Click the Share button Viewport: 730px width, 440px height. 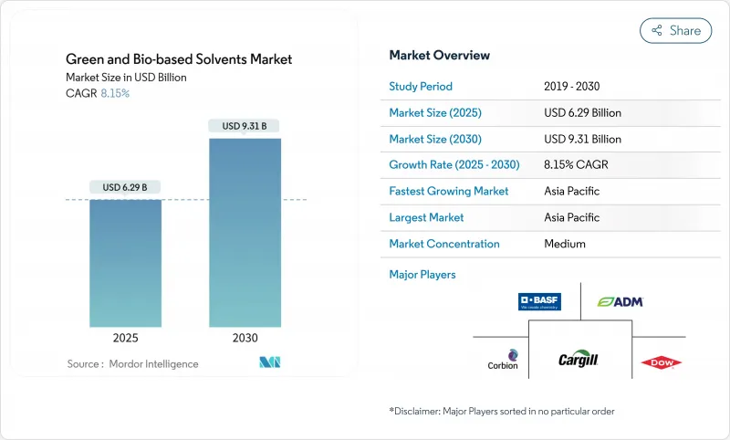[x=675, y=30]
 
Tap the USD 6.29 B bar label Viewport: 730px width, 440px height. [x=125, y=187]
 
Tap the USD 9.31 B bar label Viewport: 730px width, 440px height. [x=245, y=126]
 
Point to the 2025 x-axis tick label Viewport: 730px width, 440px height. [x=125, y=337]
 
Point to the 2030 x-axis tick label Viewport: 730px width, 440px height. [x=245, y=337]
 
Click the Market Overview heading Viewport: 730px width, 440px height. [x=439, y=55]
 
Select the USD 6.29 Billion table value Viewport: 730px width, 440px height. [x=582, y=113]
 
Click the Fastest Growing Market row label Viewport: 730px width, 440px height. [x=449, y=192]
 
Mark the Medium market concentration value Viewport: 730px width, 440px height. [x=564, y=244]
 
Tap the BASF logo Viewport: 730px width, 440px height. [x=539, y=301]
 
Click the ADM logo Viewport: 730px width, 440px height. [x=620, y=301]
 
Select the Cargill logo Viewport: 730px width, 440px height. [x=579, y=359]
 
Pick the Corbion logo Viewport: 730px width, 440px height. [x=504, y=360]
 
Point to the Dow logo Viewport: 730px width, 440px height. [x=662, y=362]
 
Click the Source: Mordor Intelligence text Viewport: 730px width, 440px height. [x=132, y=363]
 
